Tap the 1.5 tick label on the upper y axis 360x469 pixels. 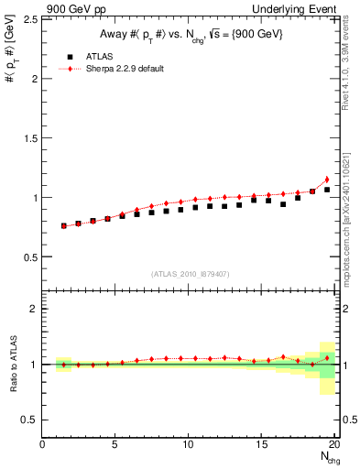tap(30, 138)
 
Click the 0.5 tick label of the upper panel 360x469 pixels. tap(30, 256)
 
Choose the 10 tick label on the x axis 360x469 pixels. tap(188, 444)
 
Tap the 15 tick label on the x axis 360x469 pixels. tap(261, 444)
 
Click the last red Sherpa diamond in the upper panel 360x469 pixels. tap(327, 180)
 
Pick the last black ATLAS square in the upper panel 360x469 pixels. tap(327, 190)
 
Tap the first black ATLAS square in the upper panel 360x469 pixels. tap(63, 225)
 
